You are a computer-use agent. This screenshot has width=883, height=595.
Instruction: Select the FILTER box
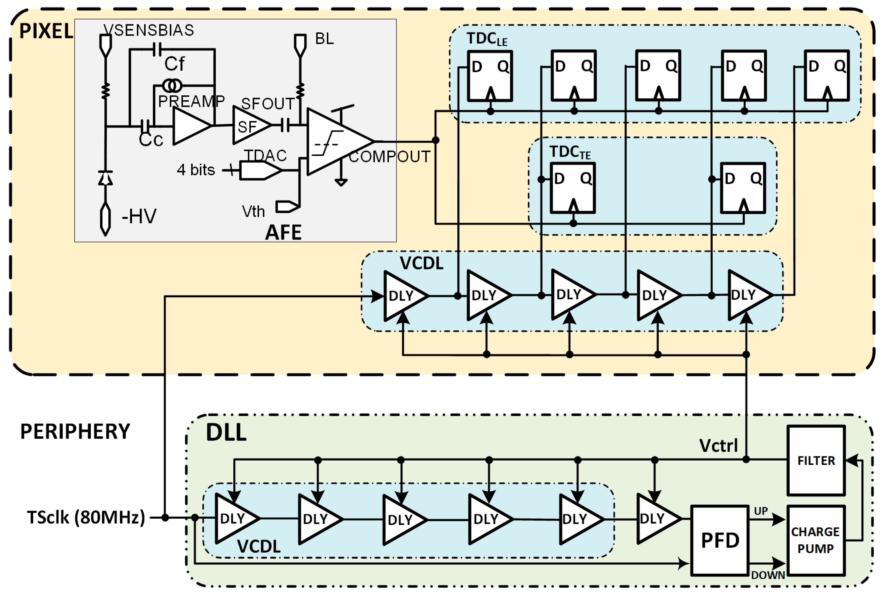(816, 460)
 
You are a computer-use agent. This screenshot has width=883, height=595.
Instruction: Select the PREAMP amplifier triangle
(190, 126)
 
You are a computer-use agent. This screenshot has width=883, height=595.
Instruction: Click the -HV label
(139, 216)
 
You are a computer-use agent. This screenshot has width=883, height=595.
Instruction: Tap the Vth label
(253, 211)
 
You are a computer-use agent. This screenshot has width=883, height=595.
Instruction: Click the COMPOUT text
(389, 156)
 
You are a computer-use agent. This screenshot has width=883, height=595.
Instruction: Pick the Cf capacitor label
(174, 64)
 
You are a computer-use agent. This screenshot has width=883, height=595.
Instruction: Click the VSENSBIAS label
(149, 30)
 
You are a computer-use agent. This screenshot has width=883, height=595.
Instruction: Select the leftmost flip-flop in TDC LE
(490, 76)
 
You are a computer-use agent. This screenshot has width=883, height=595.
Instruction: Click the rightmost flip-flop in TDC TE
(743, 188)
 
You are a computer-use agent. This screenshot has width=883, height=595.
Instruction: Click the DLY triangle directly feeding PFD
(656, 518)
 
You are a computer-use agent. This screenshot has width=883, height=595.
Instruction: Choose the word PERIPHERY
(75, 432)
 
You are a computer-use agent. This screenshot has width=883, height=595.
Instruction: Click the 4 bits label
(196, 170)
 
